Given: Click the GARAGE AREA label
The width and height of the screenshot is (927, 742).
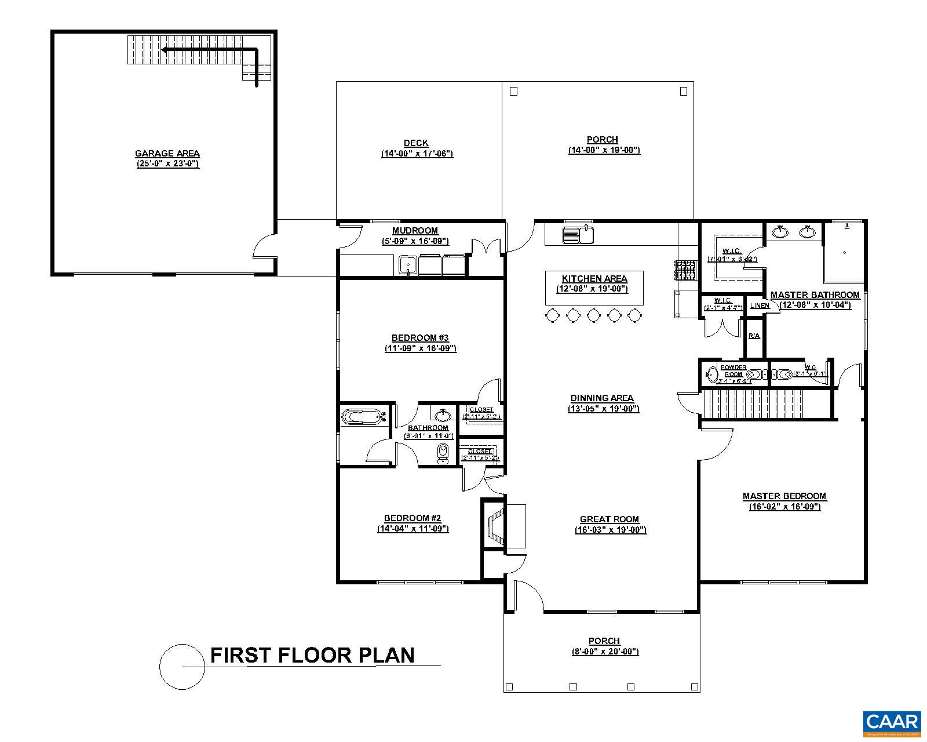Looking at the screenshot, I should tap(167, 154).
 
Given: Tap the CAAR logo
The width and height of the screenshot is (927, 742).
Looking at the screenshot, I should tap(892, 722).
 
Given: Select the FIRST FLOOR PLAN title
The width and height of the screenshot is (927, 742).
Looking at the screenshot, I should tap(312, 655).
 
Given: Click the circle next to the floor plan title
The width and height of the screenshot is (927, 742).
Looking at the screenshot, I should tap(182, 667).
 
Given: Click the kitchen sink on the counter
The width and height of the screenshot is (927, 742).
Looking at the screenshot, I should tap(578, 235).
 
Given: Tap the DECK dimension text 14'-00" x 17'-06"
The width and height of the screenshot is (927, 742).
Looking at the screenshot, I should tap(417, 154).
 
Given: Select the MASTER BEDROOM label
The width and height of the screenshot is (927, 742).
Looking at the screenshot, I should tap(784, 496).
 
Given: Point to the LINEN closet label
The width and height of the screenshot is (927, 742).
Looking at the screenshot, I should tap(760, 305).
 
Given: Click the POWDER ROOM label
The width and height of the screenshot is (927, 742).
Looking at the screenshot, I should tap(733, 370).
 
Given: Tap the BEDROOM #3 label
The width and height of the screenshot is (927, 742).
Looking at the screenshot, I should tap(420, 338).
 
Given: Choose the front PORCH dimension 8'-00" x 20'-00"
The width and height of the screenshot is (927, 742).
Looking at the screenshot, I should tap(605, 652).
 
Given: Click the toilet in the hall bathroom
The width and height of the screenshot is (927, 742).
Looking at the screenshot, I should tap(443, 453).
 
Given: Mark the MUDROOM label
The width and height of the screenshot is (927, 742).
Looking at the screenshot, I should tap(415, 231).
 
